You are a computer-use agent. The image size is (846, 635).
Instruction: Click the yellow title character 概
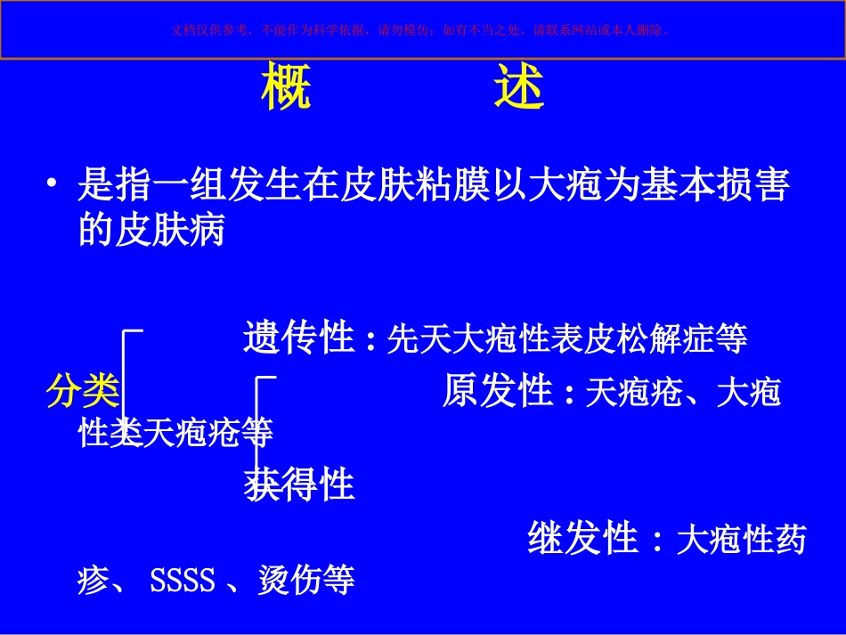(x=287, y=88)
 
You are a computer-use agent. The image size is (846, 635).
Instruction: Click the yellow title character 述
(x=518, y=88)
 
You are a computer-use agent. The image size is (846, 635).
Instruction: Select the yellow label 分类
(x=83, y=391)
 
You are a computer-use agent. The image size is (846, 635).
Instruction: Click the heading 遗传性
(x=299, y=338)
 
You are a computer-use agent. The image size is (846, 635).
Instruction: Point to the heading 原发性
(x=498, y=392)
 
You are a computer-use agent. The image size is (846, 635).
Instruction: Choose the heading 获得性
(x=299, y=485)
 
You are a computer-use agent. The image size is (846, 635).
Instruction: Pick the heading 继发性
(x=583, y=539)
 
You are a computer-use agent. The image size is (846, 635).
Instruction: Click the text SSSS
(x=183, y=582)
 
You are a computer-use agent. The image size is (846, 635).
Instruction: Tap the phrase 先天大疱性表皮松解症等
(x=567, y=339)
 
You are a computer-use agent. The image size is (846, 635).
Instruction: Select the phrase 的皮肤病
(x=151, y=232)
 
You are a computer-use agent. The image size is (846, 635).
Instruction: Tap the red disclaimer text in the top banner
(x=422, y=29)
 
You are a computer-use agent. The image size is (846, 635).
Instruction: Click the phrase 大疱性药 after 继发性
(x=741, y=540)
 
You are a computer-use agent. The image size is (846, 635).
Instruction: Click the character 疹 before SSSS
(x=95, y=582)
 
